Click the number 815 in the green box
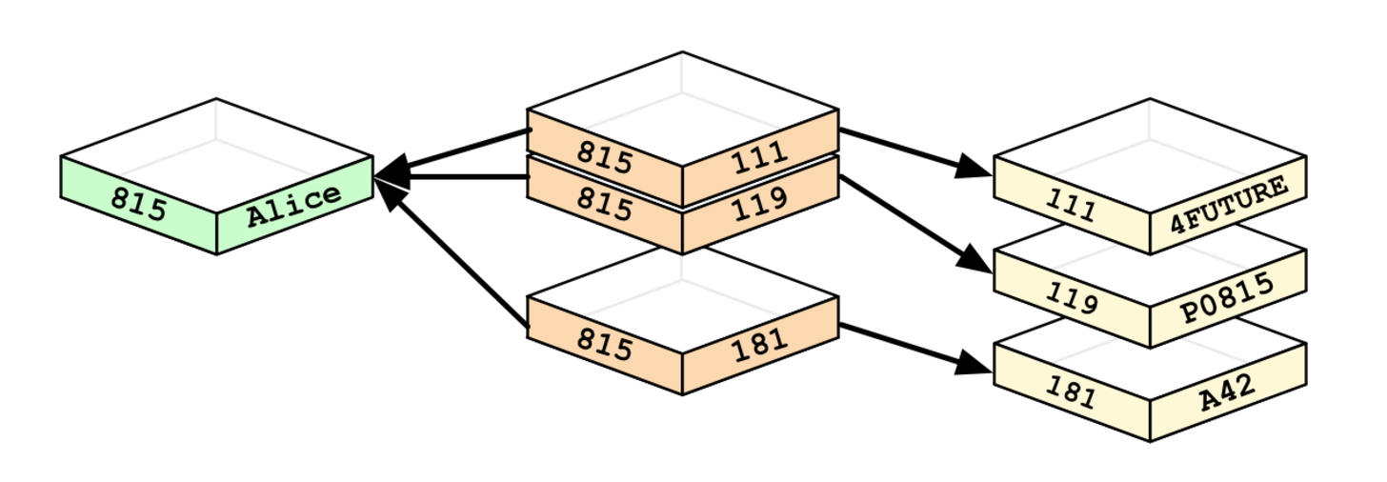[x=139, y=202]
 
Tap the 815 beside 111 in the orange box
[x=605, y=158]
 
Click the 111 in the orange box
[x=759, y=155]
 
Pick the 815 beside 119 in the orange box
[x=605, y=205]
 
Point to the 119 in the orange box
[x=759, y=202]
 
